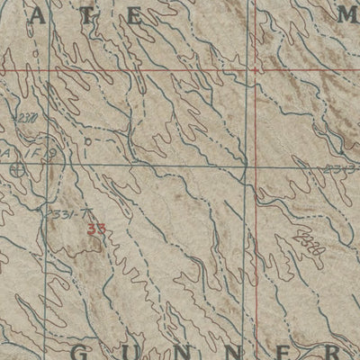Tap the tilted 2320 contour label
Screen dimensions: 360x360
pyautogui.click(x=310, y=244)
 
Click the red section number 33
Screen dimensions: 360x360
pyautogui.click(x=95, y=229)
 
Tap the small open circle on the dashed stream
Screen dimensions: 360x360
pyautogui.click(x=87, y=142)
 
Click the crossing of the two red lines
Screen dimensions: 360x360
pyautogui.click(x=256, y=69)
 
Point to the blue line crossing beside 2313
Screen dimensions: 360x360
pyautogui.click(x=246, y=166)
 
